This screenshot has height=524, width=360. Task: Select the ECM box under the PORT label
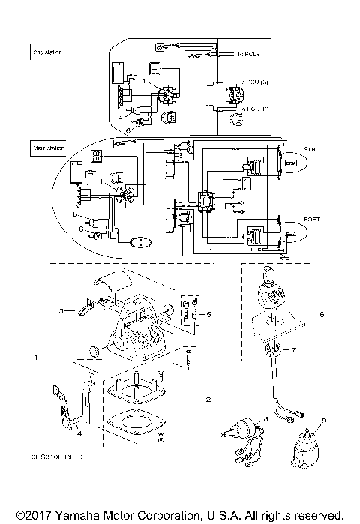click(290, 235)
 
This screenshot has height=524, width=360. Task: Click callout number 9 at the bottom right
click(325, 420)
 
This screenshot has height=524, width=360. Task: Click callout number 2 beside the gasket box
click(208, 400)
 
